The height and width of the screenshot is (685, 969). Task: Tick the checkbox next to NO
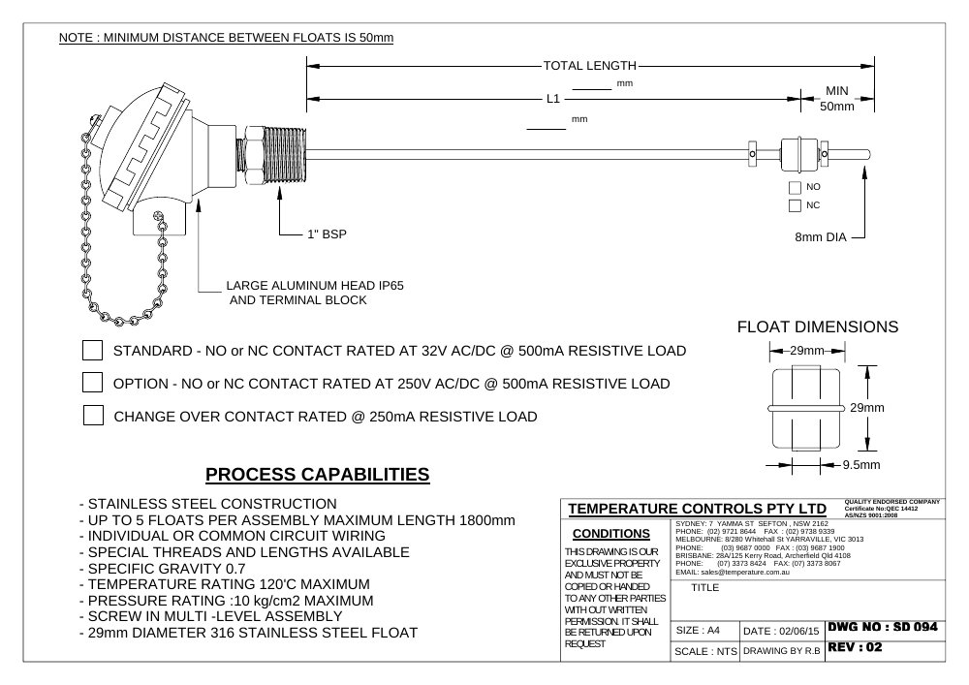point(795,187)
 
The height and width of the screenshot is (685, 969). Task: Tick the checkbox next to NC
point(795,205)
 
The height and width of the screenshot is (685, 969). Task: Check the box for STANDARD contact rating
point(93,350)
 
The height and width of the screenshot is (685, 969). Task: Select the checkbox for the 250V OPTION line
point(93,383)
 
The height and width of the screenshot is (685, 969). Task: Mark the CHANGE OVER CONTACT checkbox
point(93,415)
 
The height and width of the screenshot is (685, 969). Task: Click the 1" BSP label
point(327,234)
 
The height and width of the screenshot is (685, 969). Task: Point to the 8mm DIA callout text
point(821,237)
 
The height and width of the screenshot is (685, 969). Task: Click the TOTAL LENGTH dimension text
point(589,66)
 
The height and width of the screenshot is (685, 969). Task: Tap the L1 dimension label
point(553,99)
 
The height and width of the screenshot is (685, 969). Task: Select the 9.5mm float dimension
point(861,465)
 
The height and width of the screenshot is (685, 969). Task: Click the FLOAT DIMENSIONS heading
point(818,327)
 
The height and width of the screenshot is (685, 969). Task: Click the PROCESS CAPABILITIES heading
point(318,475)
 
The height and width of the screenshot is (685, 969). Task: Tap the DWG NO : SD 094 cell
point(883,627)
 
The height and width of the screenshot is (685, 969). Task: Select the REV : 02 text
point(855,647)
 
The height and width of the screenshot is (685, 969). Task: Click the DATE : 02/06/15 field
point(781,632)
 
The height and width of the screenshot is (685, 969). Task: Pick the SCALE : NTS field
point(705,652)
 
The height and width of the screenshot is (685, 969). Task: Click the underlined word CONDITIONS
point(611,534)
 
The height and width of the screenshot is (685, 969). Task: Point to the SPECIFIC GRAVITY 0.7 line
point(162,569)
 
